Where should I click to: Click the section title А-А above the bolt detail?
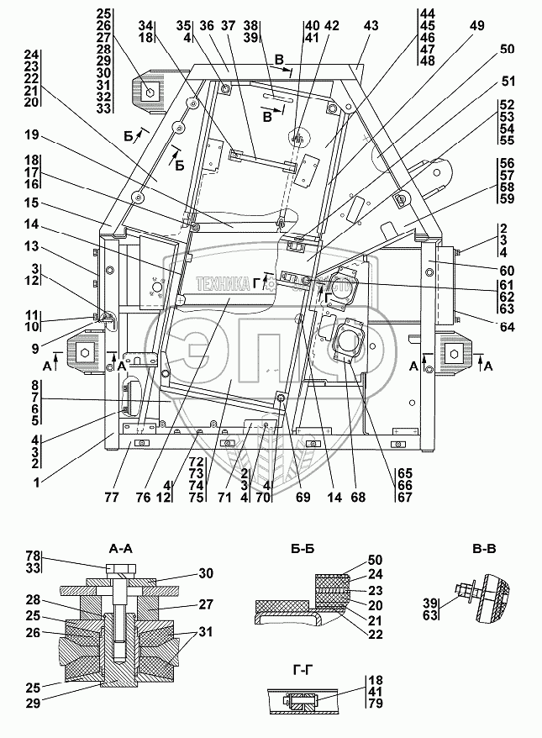click(x=120, y=548)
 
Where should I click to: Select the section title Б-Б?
click(x=302, y=548)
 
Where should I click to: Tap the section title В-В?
click(x=483, y=548)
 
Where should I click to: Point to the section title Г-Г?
click(x=303, y=669)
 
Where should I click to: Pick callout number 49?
click(x=476, y=26)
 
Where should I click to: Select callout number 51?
click(x=508, y=82)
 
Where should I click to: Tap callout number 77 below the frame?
click(x=112, y=497)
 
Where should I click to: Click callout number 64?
click(x=508, y=327)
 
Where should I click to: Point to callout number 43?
click(x=371, y=26)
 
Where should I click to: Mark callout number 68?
click(x=358, y=497)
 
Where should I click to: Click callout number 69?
click(x=303, y=497)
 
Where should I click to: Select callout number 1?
click(x=37, y=482)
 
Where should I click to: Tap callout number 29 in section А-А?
click(x=33, y=704)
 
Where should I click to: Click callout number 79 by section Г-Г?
click(x=375, y=704)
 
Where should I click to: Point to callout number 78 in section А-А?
click(x=33, y=556)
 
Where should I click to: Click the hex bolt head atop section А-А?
click(x=121, y=568)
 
